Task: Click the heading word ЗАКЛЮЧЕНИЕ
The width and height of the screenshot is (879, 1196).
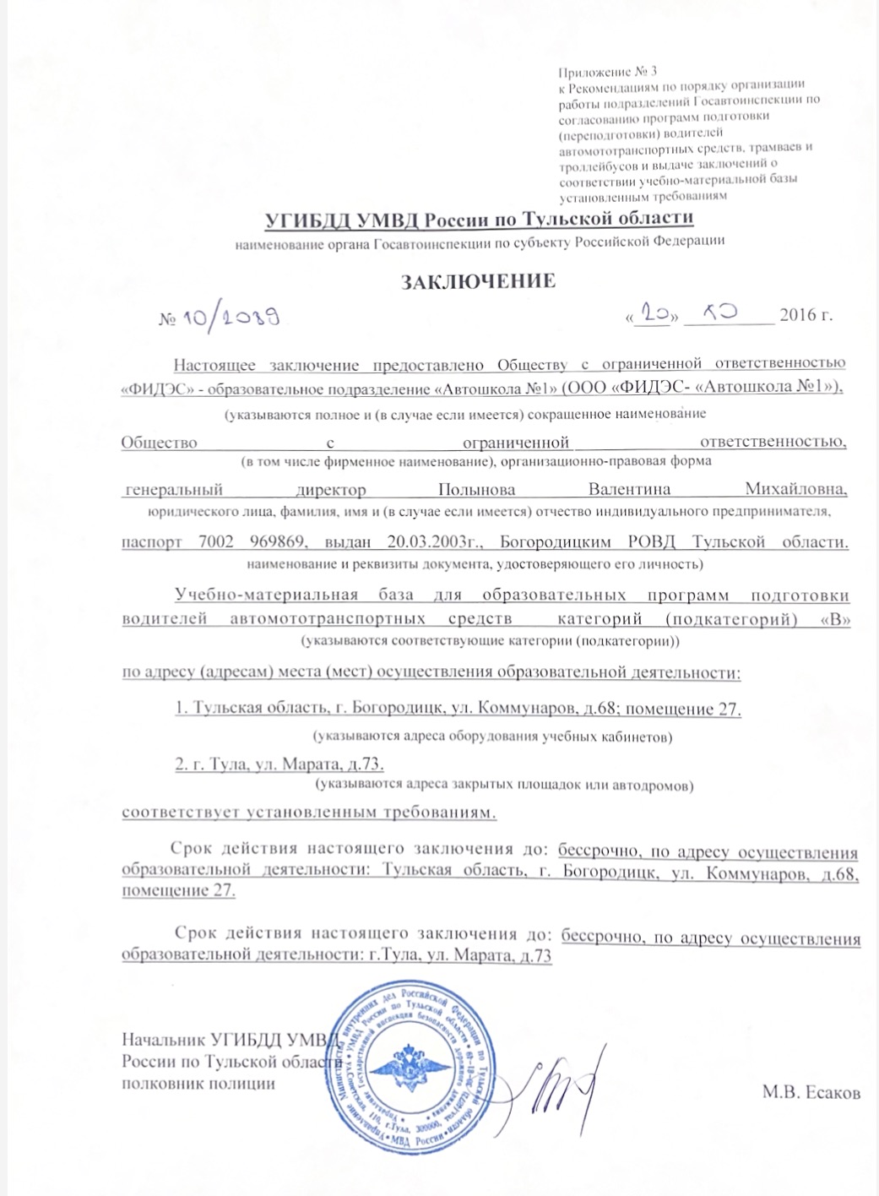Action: point(477,281)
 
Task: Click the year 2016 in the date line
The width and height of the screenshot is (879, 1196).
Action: point(797,315)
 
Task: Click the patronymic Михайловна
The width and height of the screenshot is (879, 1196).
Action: point(796,490)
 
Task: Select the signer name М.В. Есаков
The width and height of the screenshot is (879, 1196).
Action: point(811,1093)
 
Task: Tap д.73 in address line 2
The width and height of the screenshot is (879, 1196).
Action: point(366,764)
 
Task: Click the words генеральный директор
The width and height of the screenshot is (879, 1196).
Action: point(245,490)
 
